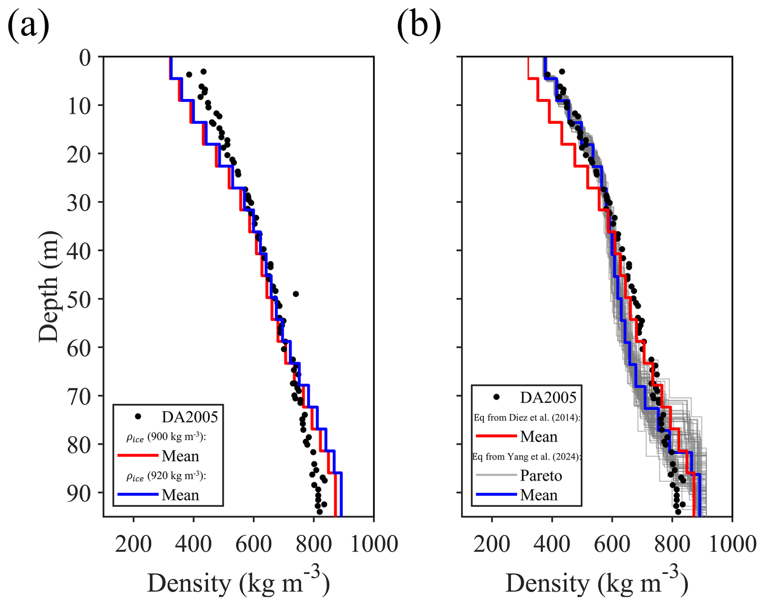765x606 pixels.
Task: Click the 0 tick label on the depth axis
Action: (x=85, y=57)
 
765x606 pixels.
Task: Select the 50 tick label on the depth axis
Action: (x=79, y=299)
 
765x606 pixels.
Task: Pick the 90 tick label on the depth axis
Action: (x=79, y=493)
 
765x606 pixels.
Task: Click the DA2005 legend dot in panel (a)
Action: (x=138, y=416)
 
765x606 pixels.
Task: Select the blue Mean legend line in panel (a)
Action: (x=137, y=494)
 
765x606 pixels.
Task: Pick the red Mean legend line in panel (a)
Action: (x=137, y=456)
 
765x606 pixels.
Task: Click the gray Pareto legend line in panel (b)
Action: (x=496, y=475)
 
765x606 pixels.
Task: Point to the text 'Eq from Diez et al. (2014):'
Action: (x=527, y=417)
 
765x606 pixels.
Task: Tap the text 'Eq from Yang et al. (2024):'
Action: (x=527, y=457)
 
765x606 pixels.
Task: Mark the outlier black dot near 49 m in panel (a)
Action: (x=296, y=294)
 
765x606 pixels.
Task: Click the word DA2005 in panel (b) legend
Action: (x=548, y=398)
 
